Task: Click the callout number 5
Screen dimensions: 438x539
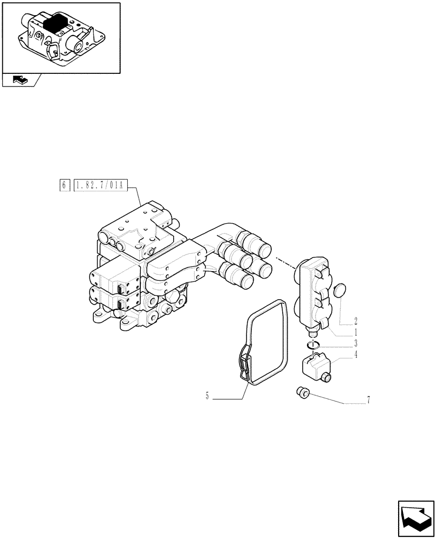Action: tap(207, 397)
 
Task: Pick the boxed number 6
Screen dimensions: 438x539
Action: tap(64, 185)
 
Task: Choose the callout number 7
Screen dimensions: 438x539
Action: tap(368, 400)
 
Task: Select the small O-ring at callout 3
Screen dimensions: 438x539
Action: tap(314, 345)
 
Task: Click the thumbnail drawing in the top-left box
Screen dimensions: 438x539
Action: tap(61, 37)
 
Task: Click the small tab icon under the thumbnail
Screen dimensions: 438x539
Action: tap(19, 80)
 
